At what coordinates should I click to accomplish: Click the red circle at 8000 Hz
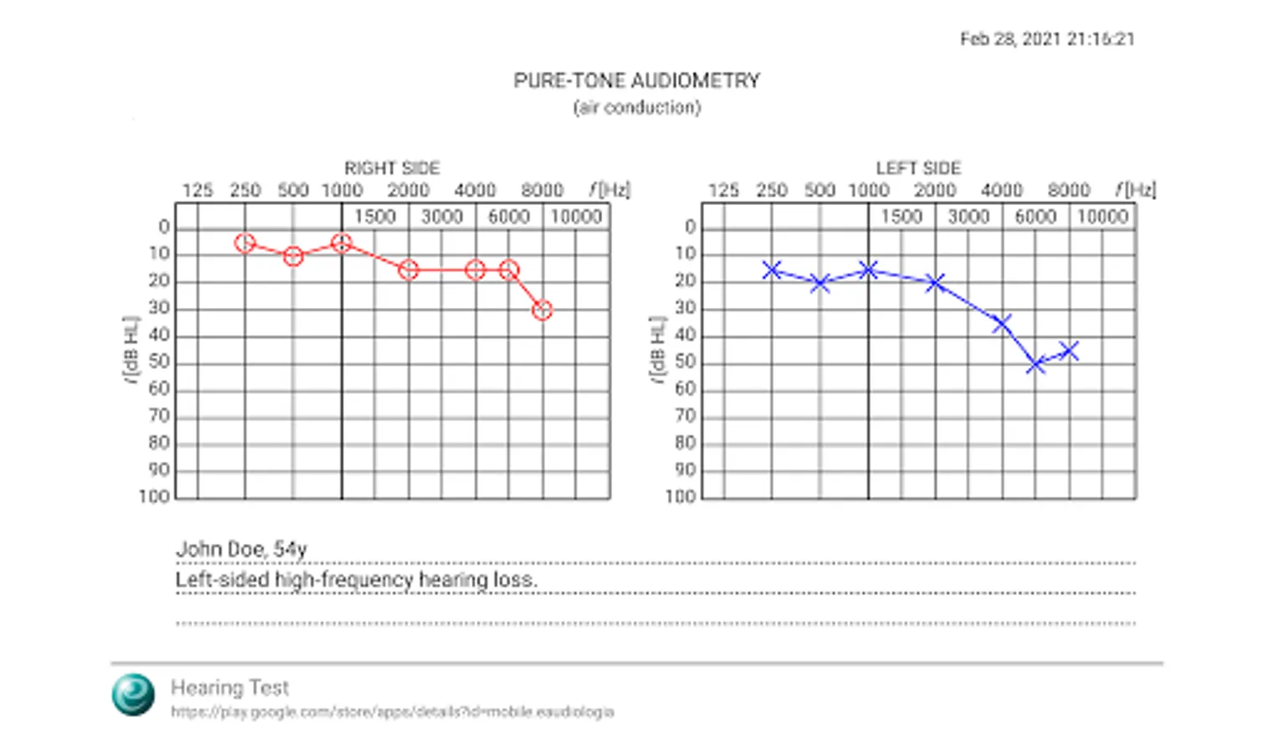pos(543,310)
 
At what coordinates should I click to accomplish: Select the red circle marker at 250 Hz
pos(244,243)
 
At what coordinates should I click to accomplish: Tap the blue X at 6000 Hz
pos(1035,364)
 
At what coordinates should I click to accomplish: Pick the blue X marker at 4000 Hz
pos(1002,323)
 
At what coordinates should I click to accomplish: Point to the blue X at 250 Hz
pos(772,270)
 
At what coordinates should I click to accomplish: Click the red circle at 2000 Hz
pos(408,270)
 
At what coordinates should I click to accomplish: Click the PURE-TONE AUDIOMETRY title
pos(636,81)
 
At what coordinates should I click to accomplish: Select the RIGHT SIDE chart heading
pos(391,168)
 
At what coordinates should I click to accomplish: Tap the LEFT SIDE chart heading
pos(918,168)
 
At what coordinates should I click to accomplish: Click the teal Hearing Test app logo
pos(134,694)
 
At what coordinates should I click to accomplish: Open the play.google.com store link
pos(392,712)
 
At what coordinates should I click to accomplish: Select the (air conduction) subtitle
pos(636,108)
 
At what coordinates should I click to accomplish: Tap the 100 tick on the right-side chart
pos(154,497)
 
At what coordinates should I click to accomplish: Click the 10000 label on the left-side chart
pos(1102,218)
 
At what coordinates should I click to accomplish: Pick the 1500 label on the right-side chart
pos(375,218)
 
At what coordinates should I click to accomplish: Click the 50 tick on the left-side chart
pos(685,362)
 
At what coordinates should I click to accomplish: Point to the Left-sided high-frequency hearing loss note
pos(355,580)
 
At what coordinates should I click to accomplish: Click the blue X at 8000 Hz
pos(1069,351)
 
